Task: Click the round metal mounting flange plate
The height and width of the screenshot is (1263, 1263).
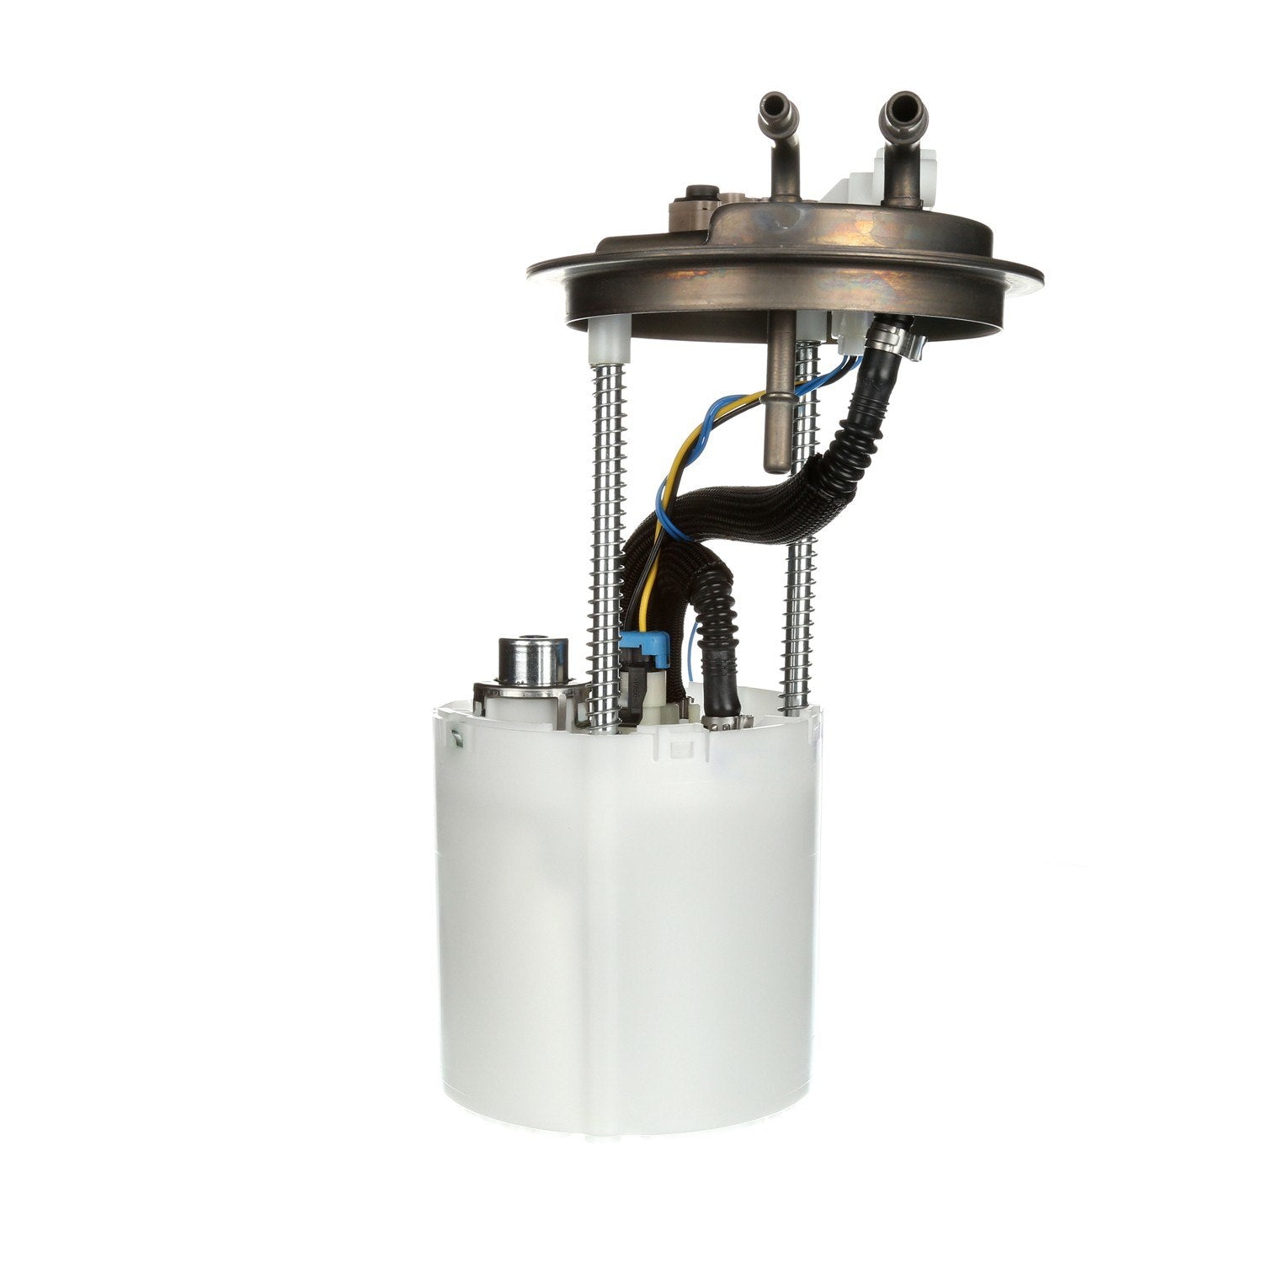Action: [x=783, y=261]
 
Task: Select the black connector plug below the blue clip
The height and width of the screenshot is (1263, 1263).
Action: [x=640, y=690]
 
